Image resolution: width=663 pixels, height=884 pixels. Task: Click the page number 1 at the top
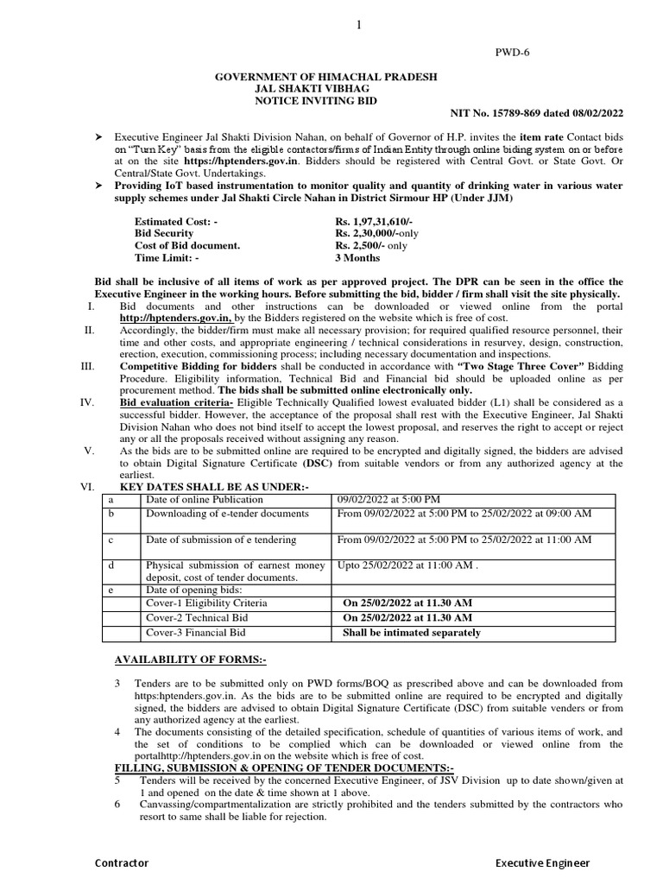coord(357,27)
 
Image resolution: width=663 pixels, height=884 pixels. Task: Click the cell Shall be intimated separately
coord(412,633)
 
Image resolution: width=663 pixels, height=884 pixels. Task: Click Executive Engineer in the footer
coord(542,863)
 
